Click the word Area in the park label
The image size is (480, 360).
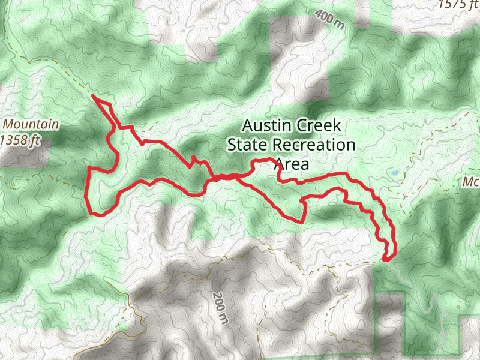click(291, 164)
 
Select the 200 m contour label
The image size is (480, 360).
click(220, 307)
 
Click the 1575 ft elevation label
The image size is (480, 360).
click(460, 5)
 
